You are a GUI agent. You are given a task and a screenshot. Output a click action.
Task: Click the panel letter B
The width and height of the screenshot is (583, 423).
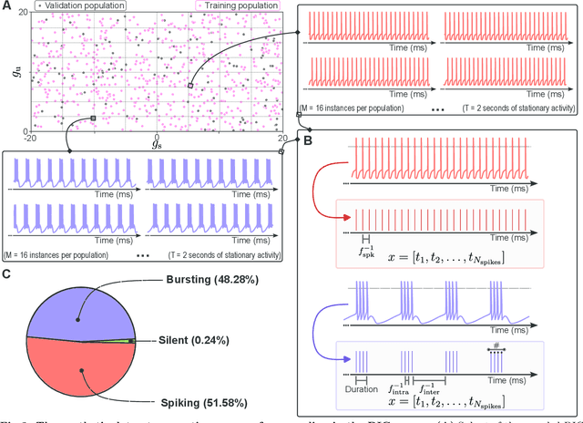[x=308, y=142]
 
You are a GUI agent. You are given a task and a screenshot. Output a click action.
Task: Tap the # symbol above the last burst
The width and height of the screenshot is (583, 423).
[x=496, y=346]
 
